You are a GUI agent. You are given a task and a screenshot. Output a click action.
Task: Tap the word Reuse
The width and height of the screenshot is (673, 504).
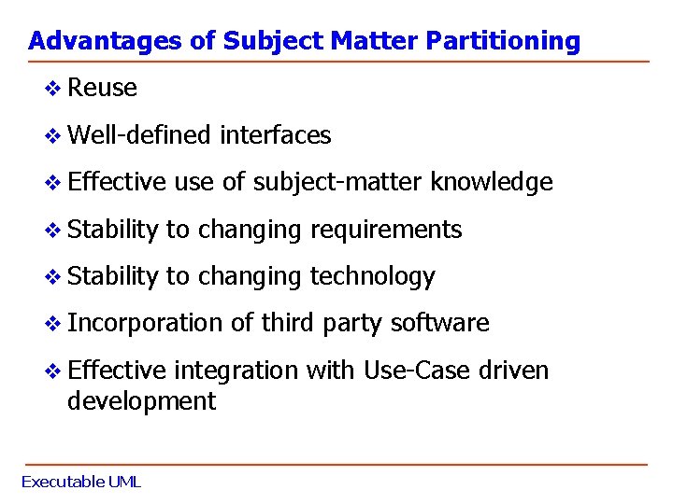(x=103, y=89)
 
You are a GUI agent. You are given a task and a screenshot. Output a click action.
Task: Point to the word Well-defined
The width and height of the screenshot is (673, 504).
(x=140, y=135)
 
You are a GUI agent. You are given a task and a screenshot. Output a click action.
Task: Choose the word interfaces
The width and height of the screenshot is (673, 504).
(x=275, y=135)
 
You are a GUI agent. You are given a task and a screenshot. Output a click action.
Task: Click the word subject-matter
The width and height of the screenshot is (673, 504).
(x=336, y=183)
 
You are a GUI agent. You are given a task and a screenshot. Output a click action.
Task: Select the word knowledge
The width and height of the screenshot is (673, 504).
(x=492, y=183)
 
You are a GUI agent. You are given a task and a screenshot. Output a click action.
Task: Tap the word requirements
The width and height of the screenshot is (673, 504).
(x=386, y=230)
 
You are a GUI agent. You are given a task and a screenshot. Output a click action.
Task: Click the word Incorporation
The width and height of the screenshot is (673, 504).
(x=146, y=323)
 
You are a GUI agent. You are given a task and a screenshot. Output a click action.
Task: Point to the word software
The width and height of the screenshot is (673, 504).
(x=439, y=323)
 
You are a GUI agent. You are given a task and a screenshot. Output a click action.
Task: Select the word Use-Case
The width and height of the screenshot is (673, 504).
(x=418, y=371)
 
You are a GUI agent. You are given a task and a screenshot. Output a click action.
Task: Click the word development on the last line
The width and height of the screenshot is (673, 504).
(x=141, y=402)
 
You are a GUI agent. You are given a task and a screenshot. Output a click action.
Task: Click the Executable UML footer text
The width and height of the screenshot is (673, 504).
(x=80, y=482)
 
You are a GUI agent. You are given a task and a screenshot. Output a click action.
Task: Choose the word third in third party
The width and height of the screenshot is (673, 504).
(x=288, y=323)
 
